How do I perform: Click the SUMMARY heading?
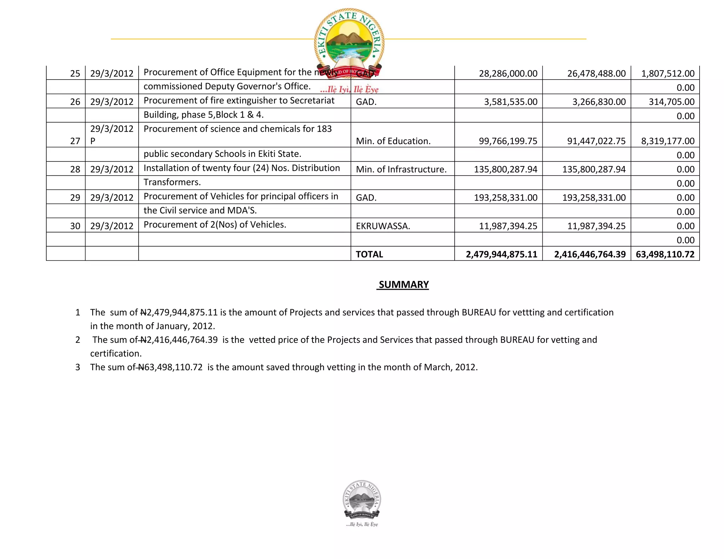[403, 284]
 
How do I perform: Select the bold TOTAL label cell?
[369, 254]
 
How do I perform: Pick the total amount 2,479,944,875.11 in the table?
[501, 254]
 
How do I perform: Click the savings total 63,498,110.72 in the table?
[665, 254]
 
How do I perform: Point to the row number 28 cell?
[75, 169]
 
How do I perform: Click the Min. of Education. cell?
[393, 141]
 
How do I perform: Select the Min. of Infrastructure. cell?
[401, 169]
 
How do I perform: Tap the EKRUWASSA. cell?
[383, 226]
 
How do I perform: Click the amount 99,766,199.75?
[508, 141]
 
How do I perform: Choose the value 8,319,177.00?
[667, 141]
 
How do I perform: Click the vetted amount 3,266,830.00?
[599, 102]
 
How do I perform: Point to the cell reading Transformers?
[172, 182]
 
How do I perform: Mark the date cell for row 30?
[112, 226]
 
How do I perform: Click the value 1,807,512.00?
[667, 73]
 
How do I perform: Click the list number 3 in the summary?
[78, 367]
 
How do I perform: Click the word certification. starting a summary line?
[116, 353]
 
